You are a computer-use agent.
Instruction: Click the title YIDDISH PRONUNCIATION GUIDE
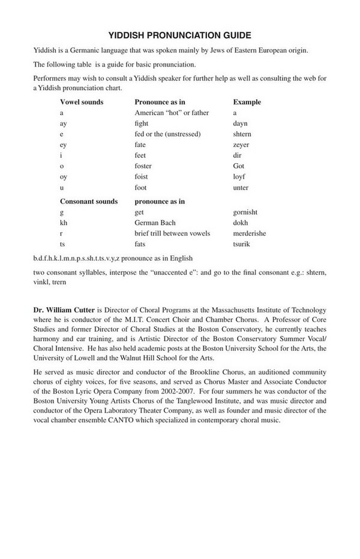point(179,35)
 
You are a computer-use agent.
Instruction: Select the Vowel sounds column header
point(82,102)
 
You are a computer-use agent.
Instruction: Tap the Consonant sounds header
point(89,202)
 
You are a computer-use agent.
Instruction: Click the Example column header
point(247,102)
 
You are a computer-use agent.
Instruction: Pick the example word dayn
point(240,124)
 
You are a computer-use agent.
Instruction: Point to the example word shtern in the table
point(242,134)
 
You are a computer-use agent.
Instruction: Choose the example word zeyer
point(241,145)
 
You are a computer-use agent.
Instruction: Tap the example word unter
point(241,188)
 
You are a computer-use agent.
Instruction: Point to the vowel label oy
point(63,177)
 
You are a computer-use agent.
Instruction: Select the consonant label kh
point(64,223)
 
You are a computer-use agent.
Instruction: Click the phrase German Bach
point(155,223)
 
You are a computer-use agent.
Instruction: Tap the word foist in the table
point(142,177)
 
